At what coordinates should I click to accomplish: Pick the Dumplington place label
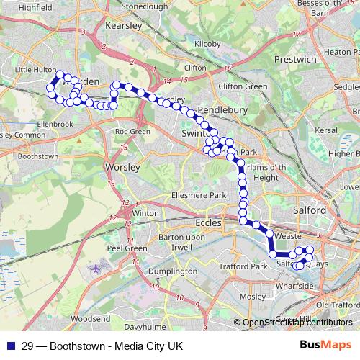point(172,271)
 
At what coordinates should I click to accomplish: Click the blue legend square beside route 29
point(10,346)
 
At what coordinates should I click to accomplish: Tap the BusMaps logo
point(325,346)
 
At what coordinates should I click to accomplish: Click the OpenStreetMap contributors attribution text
point(297,323)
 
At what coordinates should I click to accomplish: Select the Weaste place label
point(287,235)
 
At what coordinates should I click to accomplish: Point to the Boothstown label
point(37,156)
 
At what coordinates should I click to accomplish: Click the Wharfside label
point(315,286)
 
